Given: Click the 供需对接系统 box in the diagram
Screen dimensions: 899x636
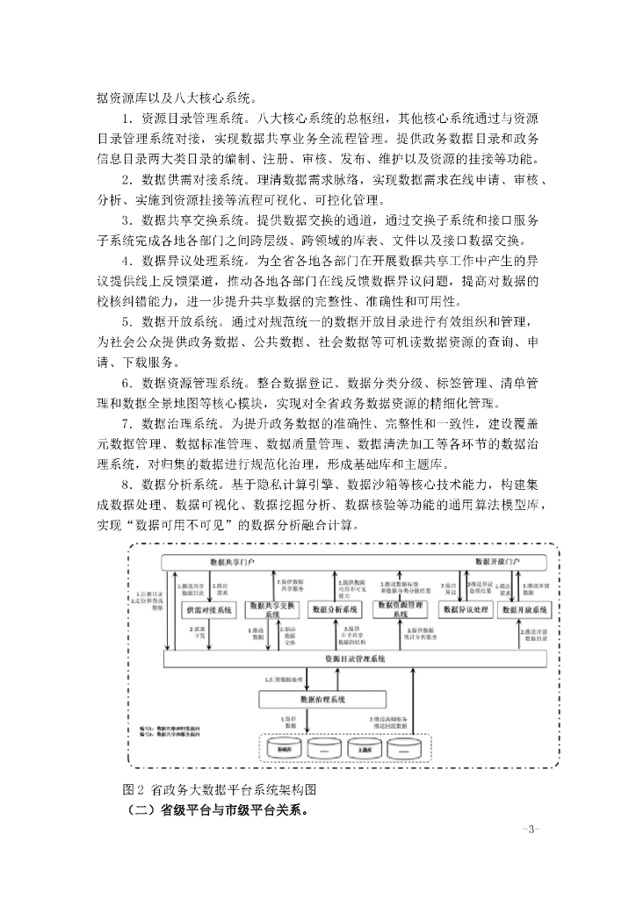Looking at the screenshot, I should (x=207, y=608).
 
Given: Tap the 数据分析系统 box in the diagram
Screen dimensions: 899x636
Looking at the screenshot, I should (x=335, y=608).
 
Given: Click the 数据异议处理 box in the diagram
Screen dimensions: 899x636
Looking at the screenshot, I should (x=466, y=608).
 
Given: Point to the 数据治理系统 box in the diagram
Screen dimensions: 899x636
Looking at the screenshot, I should (x=322, y=699).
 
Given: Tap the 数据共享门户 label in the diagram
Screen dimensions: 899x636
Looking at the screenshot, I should (x=235, y=560).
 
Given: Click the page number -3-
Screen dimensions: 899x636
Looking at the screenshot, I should (x=530, y=828).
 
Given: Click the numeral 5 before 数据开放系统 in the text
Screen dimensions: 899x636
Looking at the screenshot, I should (x=126, y=320).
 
